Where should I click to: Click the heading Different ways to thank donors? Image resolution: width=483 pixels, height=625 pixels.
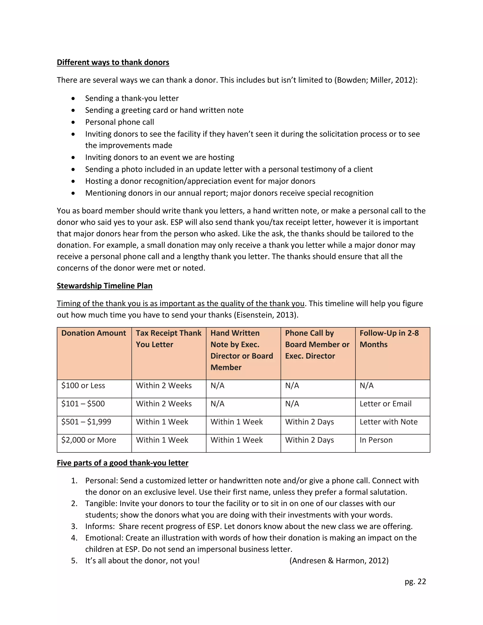point(113,62)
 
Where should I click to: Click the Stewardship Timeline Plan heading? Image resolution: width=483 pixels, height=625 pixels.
point(104,286)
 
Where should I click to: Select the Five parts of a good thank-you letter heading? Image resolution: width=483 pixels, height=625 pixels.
point(122,463)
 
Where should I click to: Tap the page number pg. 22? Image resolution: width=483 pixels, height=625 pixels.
point(415,582)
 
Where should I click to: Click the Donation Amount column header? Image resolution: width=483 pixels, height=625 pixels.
point(94,333)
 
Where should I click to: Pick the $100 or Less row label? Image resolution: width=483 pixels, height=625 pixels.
point(83,386)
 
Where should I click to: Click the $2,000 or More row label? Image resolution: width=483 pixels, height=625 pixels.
point(89,440)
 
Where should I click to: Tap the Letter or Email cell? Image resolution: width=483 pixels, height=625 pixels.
point(385,404)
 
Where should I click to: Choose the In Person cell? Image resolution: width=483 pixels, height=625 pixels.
point(376,440)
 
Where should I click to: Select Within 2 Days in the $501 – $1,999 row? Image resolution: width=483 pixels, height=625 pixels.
point(309,422)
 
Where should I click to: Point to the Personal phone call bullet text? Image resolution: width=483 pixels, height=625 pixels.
point(120,122)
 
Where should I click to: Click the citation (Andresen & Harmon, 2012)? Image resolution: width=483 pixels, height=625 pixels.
point(339,561)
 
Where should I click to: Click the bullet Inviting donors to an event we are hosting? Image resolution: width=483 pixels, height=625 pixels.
point(160,157)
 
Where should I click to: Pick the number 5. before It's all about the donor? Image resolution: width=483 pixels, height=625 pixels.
point(74,561)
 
